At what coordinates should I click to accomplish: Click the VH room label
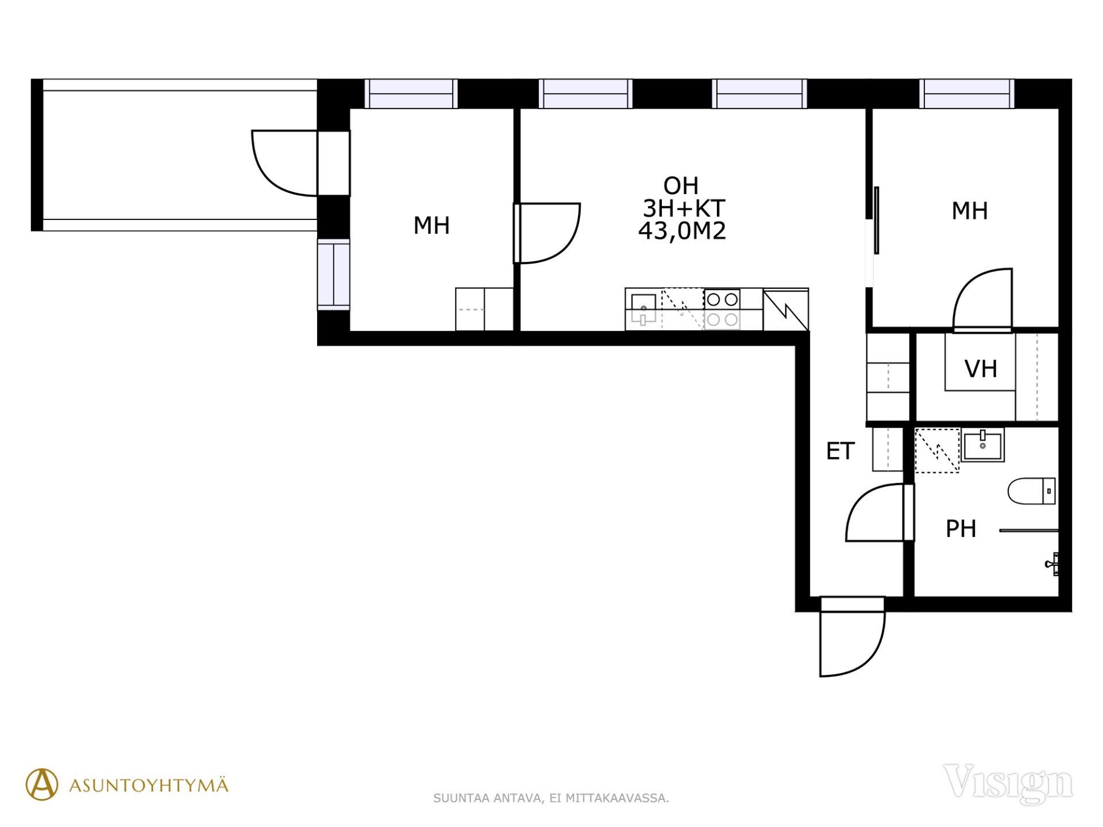point(981,369)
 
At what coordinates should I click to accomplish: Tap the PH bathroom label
point(961,529)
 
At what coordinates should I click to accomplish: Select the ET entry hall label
point(840,451)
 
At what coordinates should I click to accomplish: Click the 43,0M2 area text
point(682,231)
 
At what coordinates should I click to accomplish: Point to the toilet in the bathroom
point(1032,491)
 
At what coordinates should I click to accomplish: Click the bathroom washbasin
point(983,445)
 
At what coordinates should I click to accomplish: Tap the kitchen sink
point(643,309)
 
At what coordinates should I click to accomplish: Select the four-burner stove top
point(722,309)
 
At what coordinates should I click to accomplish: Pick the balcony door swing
point(284,163)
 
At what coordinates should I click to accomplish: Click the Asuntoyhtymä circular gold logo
point(42,785)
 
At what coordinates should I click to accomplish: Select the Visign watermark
point(1008,783)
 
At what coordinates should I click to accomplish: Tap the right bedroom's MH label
point(970,211)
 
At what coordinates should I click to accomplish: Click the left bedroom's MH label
point(431,226)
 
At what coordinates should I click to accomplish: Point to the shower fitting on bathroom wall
point(1052,564)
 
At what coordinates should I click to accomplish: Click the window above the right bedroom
point(967,94)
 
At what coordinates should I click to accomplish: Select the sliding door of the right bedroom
point(876,220)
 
